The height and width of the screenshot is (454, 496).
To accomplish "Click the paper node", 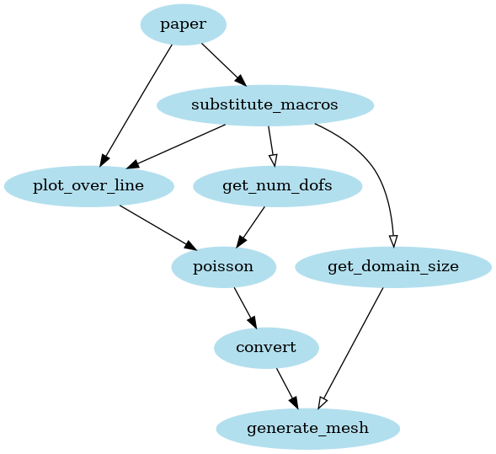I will [x=183, y=24].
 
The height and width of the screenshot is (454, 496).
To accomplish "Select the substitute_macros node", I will [x=264, y=105].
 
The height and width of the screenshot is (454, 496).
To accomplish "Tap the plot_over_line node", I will [x=88, y=186].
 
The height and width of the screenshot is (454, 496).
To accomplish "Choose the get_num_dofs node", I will [x=277, y=186].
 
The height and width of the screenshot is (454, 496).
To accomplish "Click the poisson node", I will [x=223, y=267].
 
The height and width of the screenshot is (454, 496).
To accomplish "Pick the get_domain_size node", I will [x=393, y=267].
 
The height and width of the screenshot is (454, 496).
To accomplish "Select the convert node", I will [x=266, y=348].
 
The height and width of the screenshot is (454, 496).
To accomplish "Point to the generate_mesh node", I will [x=307, y=429].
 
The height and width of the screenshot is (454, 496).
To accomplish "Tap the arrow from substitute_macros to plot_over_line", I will [x=177, y=145].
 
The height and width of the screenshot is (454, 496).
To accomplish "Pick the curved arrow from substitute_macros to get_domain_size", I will [x=371, y=168].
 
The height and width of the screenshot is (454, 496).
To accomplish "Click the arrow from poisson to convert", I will [x=244, y=307].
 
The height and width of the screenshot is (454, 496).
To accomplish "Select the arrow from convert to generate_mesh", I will [x=286, y=388].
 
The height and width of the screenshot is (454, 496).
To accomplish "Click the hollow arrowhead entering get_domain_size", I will [x=393, y=238].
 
